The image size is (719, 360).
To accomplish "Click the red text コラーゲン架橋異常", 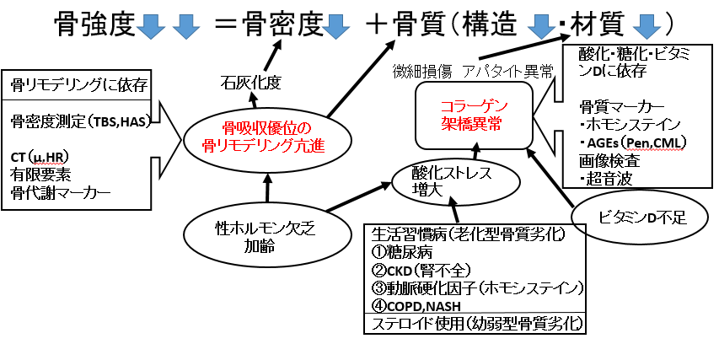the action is [x=475, y=116].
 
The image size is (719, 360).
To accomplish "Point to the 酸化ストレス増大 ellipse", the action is [x=456, y=181].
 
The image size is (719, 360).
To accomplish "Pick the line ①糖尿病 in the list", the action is [x=401, y=252].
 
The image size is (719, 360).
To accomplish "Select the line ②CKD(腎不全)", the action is [x=421, y=270].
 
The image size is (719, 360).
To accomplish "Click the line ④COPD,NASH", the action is [x=416, y=306].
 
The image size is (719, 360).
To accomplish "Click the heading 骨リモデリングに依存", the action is [x=77, y=86].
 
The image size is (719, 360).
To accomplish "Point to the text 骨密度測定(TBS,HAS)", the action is [x=80, y=121].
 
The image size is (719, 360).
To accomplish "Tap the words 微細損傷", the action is [x=421, y=72].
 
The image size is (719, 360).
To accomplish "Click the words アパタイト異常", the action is [x=508, y=72].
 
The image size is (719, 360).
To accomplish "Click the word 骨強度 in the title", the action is [x=95, y=24].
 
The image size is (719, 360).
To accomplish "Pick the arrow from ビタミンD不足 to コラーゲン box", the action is [x=550, y=176].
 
